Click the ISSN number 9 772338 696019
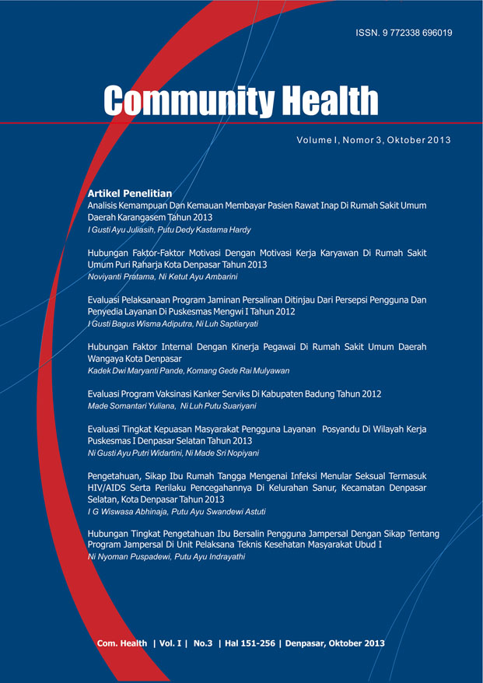[x=415, y=33]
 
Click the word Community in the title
[x=186, y=102]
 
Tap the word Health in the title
[x=330, y=102]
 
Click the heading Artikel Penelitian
[x=130, y=191]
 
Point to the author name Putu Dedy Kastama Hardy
[x=206, y=230]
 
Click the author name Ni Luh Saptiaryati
[x=228, y=323]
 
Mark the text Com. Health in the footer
[x=122, y=643]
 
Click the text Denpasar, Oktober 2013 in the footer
[x=335, y=643]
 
